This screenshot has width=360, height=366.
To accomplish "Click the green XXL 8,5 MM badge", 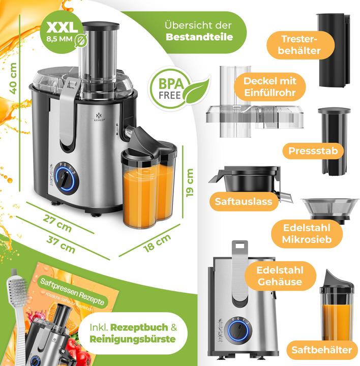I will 61,32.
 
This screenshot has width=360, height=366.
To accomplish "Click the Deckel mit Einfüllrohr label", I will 269,87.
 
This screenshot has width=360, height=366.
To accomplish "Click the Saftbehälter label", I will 322,350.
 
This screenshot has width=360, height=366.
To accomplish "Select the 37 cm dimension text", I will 60,246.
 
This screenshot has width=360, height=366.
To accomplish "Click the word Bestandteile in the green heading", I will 199,37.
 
